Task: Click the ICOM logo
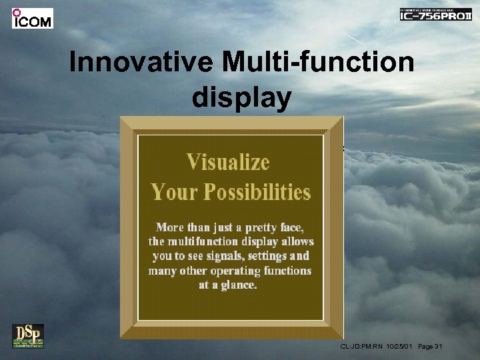(x=32, y=18)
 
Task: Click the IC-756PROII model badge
(x=435, y=15)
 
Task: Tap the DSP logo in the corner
(x=27, y=335)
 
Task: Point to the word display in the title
(x=241, y=97)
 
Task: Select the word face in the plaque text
(x=297, y=227)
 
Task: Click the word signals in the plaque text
(x=220, y=256)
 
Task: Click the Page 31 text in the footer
(x=431, y=347)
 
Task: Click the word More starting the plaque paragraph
(x=170, y=227)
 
